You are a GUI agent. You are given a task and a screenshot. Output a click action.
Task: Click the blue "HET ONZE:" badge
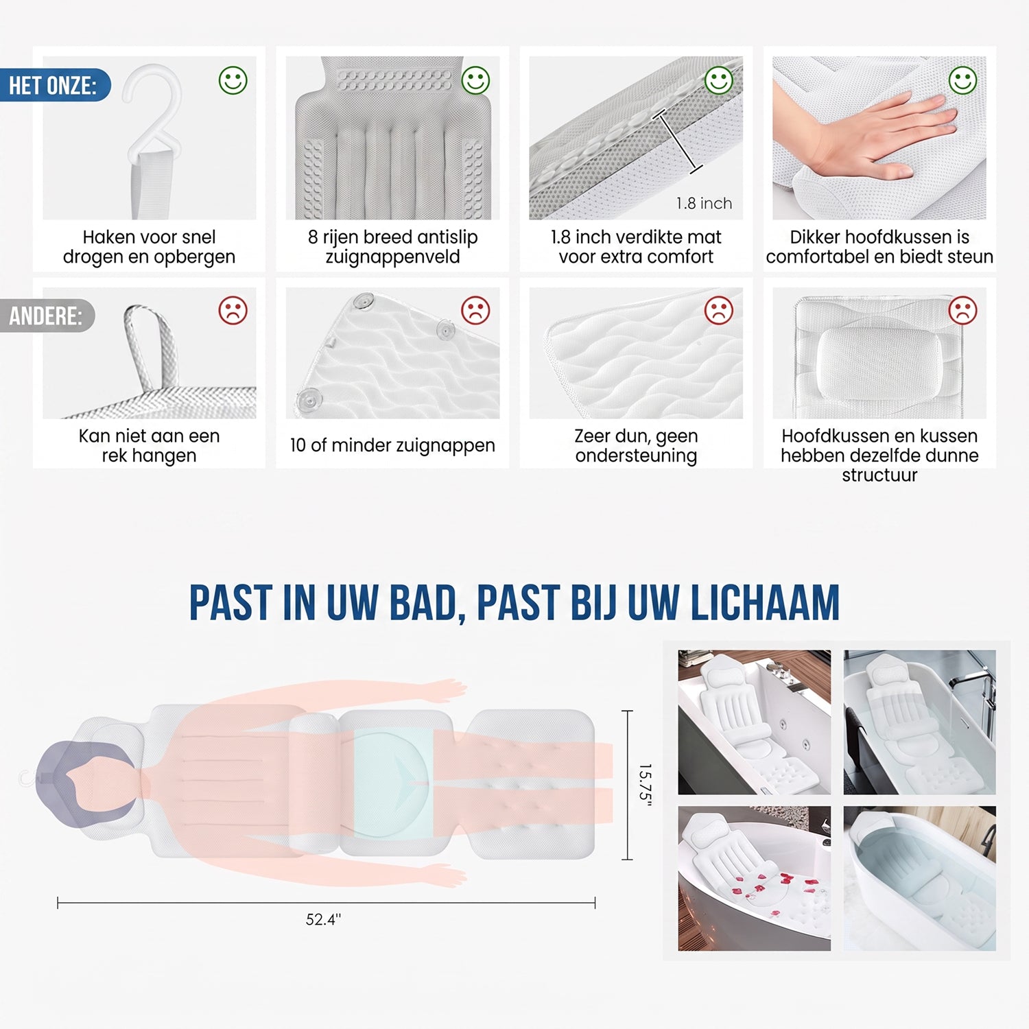[x=55, y=85]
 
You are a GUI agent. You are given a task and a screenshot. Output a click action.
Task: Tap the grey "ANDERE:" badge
[x=47, y=316]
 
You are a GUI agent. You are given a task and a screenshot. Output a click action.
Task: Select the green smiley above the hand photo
[x=962, y=80]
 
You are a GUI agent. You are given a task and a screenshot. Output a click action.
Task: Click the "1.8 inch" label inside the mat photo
[x=704, y=203]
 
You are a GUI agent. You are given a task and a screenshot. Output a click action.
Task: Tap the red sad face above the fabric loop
[x=233, y=310]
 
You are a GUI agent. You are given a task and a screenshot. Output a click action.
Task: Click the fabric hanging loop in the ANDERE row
[x=152, y=346]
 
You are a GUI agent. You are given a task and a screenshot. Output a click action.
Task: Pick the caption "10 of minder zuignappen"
[x=392, y=445]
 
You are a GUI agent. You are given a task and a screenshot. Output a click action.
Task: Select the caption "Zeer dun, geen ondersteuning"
[x=636, y=445]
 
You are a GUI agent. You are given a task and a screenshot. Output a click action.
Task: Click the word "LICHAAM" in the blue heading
[x=765, y=603]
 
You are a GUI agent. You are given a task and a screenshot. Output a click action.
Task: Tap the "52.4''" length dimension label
[x=323, y=919]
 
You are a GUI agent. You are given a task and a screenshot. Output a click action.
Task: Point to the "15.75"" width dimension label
[x=645, y=785]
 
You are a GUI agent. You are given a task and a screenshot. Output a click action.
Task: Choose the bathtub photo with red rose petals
[x=755, y=878]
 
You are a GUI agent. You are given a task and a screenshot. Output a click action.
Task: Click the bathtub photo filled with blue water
[x=920, y=878]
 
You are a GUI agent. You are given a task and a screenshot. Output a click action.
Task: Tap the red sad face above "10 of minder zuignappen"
[x=475, y=310]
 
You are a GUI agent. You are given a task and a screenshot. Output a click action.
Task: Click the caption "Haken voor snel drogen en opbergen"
[x=149, y=247]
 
